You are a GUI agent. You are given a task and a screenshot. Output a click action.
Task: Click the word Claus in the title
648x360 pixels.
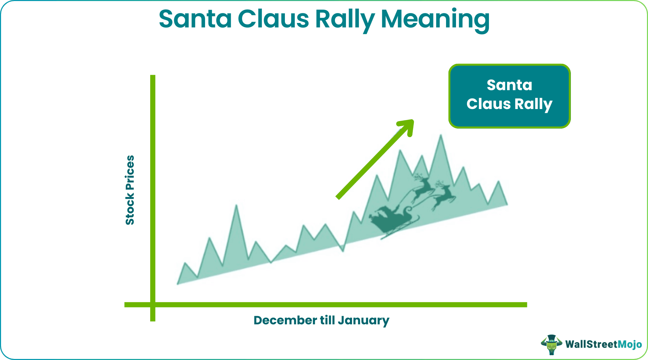coord(273,19)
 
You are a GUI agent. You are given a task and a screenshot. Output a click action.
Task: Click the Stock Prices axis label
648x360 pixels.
coord(130,190)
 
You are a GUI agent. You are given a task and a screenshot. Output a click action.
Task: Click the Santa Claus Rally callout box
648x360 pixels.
coord(509,96)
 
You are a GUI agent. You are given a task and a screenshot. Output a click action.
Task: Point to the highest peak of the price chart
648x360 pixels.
coord(441,136)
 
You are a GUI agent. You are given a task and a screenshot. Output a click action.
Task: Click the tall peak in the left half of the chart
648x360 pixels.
coord(236,206)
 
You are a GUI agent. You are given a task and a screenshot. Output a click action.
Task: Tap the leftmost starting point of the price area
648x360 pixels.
coord(178,284)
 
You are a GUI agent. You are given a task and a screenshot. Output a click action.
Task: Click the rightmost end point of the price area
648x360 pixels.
coord(507,204)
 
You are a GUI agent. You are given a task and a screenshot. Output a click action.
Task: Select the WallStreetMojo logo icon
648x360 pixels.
coord(551,344)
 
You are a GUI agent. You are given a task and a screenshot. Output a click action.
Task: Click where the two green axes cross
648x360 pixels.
coord(153,304)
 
